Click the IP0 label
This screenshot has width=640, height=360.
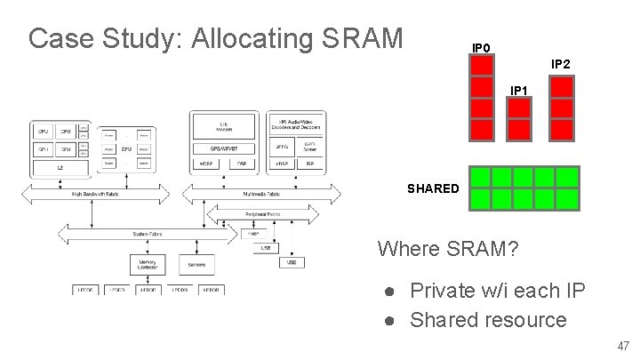[x=480, y=47]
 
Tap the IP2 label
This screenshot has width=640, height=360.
[x=561, y=64]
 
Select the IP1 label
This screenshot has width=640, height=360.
[x=520, y=91]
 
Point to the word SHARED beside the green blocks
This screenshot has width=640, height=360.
[x=433, y=188]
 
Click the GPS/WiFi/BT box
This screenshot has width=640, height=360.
[x=222, y=148]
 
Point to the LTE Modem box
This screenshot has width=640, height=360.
[x=222, y=125]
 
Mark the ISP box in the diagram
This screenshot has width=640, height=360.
[x=309, y=164]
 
